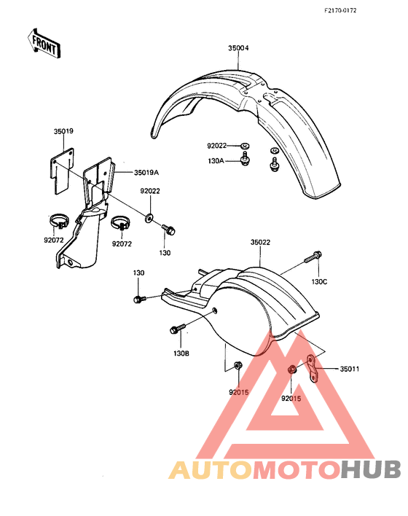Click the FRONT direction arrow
point(44,44)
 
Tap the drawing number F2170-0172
point(340,10)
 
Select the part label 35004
point(238,48)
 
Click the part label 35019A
point(146,173)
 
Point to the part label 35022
point(260,242)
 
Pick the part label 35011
point(350,369)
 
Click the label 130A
point(216,161)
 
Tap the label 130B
point(181,353)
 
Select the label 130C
point(320,282)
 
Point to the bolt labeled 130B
point(178,329)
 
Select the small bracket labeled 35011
point(313,368)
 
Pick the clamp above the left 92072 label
point(58,221)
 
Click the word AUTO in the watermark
point(211,469)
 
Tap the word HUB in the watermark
point(371,469)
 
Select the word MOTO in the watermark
point(297,469)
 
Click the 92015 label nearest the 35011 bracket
point(291,399)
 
